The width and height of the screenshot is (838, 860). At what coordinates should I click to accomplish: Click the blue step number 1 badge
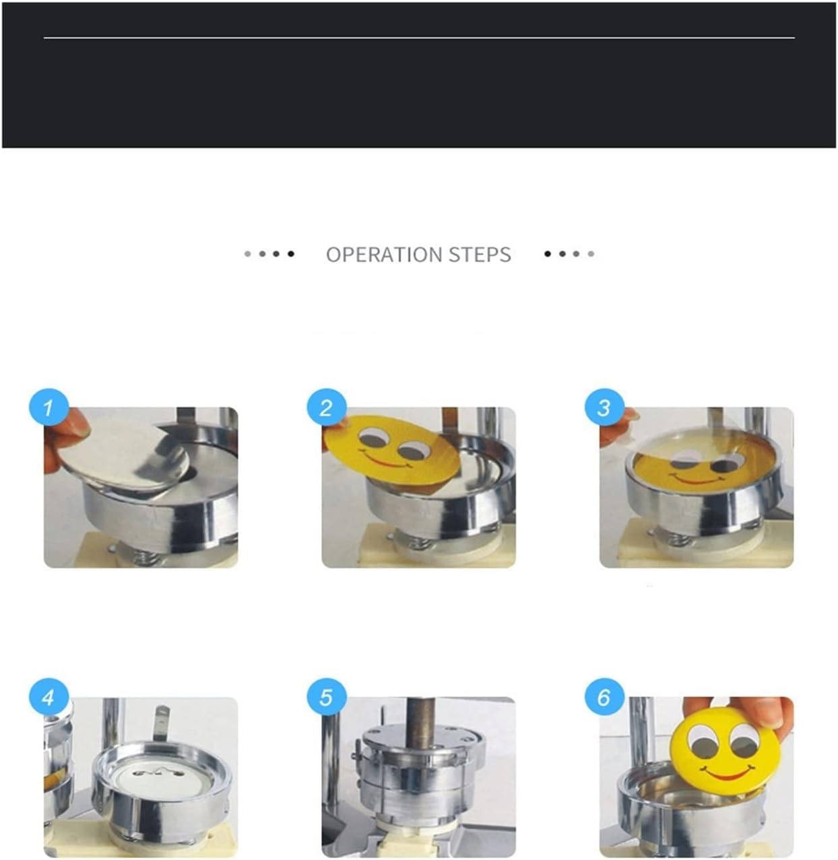49,408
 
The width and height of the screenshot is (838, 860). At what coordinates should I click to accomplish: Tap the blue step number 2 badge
327,408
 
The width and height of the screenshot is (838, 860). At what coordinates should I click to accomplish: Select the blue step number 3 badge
604,408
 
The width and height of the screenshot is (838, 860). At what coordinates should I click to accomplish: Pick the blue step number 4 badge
49,698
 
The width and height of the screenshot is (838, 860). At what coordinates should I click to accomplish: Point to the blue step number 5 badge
327,698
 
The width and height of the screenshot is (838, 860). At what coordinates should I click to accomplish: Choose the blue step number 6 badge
604,698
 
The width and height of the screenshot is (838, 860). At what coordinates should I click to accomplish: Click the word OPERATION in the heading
384,255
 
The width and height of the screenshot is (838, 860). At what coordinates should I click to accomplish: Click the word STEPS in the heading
480,255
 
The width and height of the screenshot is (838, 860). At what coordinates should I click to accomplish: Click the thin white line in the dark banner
419,38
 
